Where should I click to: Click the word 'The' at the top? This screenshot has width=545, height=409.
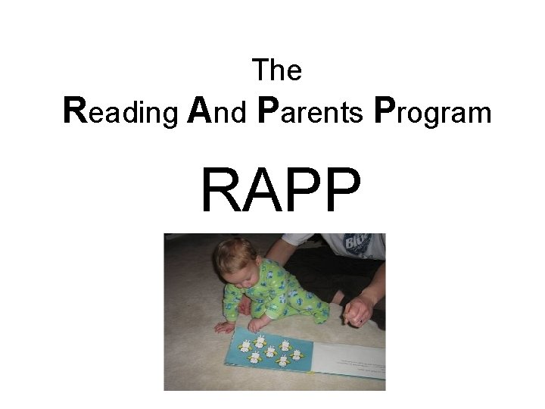pyautogui.click(x=278, y=70)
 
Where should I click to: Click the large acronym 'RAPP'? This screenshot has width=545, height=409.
pyautogui.click(x=279, y=191)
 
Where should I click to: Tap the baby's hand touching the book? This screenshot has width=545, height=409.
pyautogui.click(x=260, y=324)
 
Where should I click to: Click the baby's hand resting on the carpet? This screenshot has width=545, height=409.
pyautogui.click(x=225, y=326)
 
